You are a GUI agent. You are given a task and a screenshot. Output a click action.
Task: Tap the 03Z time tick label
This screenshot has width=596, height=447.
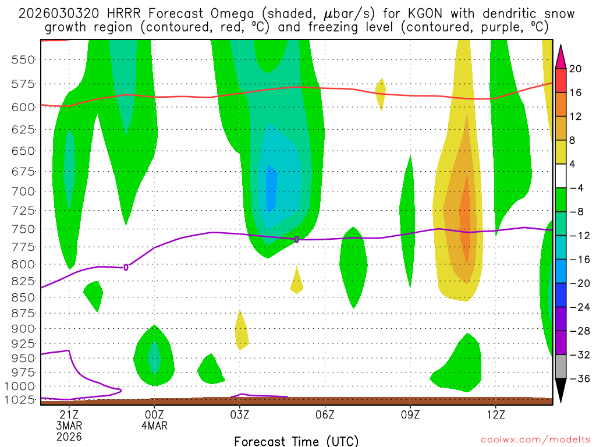tap(240, 415)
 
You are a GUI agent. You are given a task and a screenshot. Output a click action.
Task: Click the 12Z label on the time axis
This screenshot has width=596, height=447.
tap(496, 415)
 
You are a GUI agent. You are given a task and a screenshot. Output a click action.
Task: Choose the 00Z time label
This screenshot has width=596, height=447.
tap(154, 415)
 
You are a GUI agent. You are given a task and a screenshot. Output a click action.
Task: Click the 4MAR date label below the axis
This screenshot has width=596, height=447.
tap(154, 425)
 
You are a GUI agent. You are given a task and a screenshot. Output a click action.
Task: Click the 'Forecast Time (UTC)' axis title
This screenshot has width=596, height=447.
tap(296, 441)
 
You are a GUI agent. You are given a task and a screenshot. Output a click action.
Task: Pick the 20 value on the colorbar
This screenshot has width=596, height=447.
tap(576, 69)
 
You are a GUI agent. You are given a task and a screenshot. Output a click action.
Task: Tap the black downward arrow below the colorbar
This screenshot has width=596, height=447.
tap(561, 390)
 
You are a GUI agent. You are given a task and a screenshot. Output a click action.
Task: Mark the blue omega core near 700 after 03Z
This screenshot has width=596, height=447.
tap(271, 186)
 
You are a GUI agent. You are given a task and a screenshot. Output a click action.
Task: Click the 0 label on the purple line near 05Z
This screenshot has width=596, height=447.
tap(296, 239)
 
